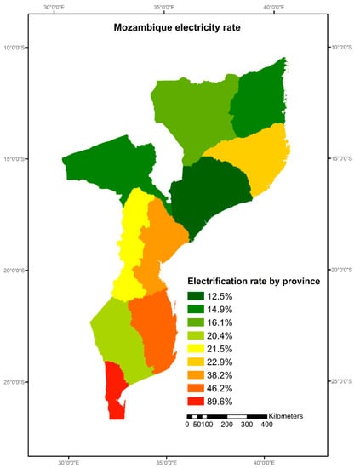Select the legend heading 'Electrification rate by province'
tap(253, 281)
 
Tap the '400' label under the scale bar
tap(266, 425)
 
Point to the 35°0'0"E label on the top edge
tap(166, 8)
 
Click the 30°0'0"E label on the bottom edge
tap(69, 463)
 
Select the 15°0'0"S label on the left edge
tap(14, 159)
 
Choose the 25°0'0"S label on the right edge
tap(345, 382)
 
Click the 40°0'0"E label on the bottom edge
tap(264, 463)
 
